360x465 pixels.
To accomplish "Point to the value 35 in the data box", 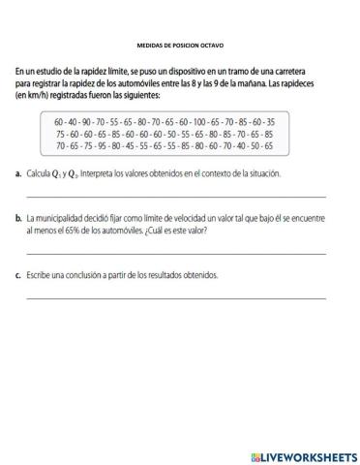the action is pyautogui.click(x=269, y=123).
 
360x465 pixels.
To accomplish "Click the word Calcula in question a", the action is pyautogui.click(x=42, y=173).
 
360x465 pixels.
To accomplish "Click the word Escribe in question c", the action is pyautogui.click(x=41, y=276).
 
